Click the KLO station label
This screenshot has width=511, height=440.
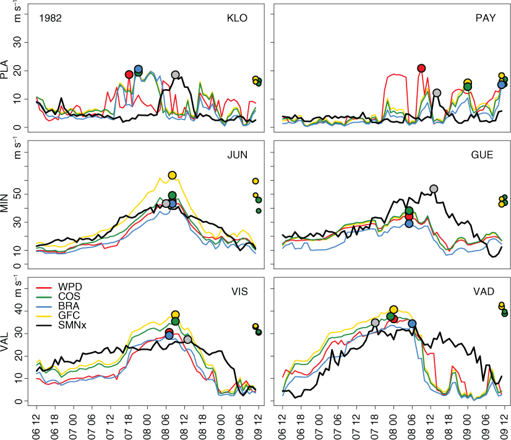(237, 18)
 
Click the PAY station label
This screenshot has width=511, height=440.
(486, 18)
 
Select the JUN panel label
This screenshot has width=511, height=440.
(238, 155)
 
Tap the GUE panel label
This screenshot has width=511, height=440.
(483, 155)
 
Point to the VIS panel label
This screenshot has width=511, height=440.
(240, 291)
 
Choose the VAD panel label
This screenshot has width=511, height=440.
(484, 291)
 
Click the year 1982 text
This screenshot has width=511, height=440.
(51, 18)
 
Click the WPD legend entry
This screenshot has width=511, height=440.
(70, 287)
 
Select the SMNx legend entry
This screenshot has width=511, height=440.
(72, 325)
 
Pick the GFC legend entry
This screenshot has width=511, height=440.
(69, 316)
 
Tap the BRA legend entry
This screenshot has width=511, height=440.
(69, 306)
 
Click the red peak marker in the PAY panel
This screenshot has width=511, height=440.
(421, 68)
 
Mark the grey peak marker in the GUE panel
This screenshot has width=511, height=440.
(434, 189)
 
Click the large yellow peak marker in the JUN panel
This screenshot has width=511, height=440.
(173, 175)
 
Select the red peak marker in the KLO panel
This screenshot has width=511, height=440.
(129, 74)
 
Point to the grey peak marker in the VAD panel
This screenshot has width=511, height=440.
(375, 322)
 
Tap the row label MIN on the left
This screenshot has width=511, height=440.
(4, 203)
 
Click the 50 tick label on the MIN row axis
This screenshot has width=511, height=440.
(17, 194)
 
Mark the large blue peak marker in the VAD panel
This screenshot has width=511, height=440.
(412, 324)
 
